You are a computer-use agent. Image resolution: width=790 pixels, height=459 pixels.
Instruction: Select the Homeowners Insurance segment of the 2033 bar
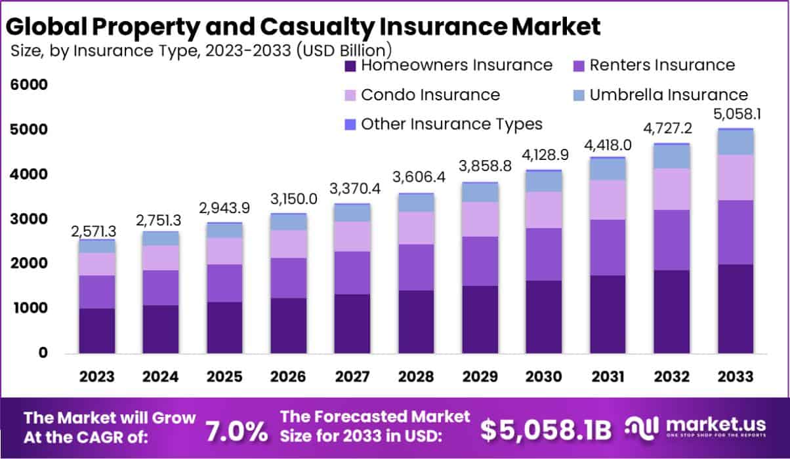click(735, 308)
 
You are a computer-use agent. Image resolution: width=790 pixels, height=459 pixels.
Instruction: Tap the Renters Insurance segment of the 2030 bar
click(544, 254)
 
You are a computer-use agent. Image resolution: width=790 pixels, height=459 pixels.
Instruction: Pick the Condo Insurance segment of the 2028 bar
click(416, 228)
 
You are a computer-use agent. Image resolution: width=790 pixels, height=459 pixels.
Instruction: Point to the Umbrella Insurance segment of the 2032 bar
click(671, 156)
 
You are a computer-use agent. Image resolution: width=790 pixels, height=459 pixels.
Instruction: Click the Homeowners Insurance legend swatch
click(350, 66)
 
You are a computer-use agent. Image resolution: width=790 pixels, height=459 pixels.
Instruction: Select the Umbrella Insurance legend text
click(669, 94)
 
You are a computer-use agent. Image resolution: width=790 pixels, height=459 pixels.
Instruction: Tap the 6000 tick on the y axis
click(28, 85)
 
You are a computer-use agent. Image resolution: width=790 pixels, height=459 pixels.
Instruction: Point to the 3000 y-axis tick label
click(28, 219)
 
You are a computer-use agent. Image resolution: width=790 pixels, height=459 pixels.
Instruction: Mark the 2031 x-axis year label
click(608, 377)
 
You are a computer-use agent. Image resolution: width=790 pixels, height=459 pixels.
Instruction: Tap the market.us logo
click(698, 429)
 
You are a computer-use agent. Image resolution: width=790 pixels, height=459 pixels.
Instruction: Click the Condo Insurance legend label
click(430, 94)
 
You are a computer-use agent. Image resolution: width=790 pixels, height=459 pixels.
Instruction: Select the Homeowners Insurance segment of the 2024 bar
click(161, 329)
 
